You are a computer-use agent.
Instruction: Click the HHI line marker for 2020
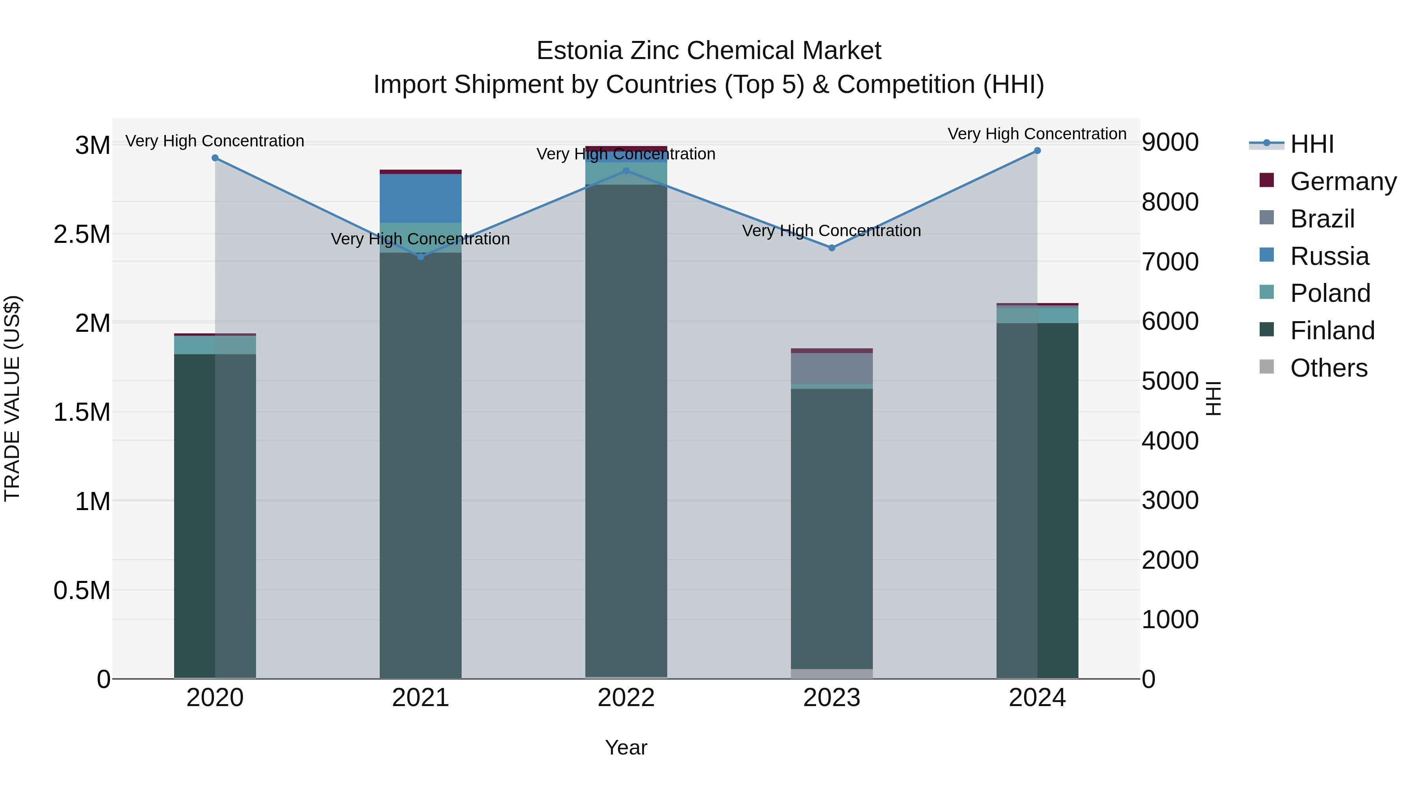click(215, 158)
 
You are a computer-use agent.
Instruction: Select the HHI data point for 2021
click(421, 257)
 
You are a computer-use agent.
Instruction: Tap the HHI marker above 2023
click(832, 248)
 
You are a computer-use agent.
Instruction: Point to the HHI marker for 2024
click(1037, 151)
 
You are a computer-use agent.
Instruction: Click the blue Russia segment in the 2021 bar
click(421, 198)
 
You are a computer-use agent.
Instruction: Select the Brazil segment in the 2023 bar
click(832, 368)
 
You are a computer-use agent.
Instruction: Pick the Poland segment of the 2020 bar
click(215, 345)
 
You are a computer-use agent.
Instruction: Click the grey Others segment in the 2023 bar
click(832, 673)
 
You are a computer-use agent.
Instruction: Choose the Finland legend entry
click(1332, 331)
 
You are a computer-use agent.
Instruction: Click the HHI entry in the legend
click(1311, 144)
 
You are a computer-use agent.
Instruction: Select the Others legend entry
click(1328, 368)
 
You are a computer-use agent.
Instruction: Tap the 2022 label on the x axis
click(626, 698)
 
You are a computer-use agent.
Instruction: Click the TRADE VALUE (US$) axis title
click(12, 398)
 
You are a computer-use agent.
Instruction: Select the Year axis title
click(626, 747)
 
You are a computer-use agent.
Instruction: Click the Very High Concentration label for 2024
click(1037, 134)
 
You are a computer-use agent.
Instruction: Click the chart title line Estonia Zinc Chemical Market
click(709, 51)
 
